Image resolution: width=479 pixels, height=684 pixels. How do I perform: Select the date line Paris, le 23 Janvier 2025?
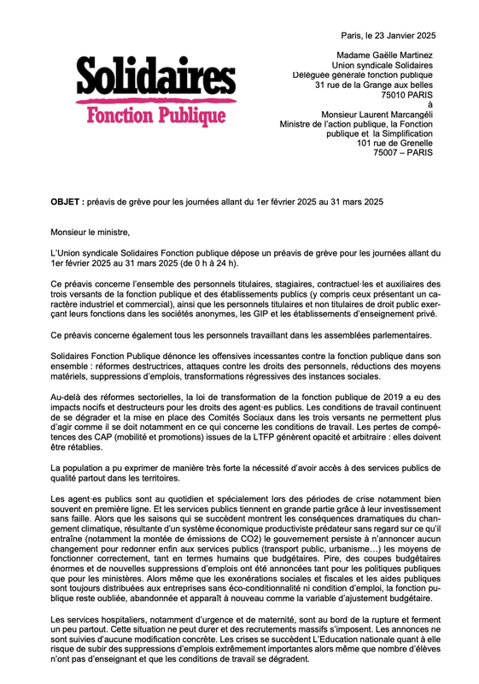point(388,35)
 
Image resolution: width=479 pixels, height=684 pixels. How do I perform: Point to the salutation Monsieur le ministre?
point(90,231)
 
